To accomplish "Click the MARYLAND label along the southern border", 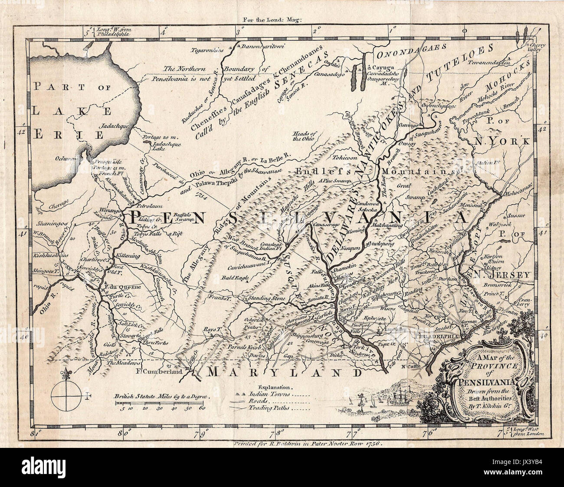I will [x=284, y=372].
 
